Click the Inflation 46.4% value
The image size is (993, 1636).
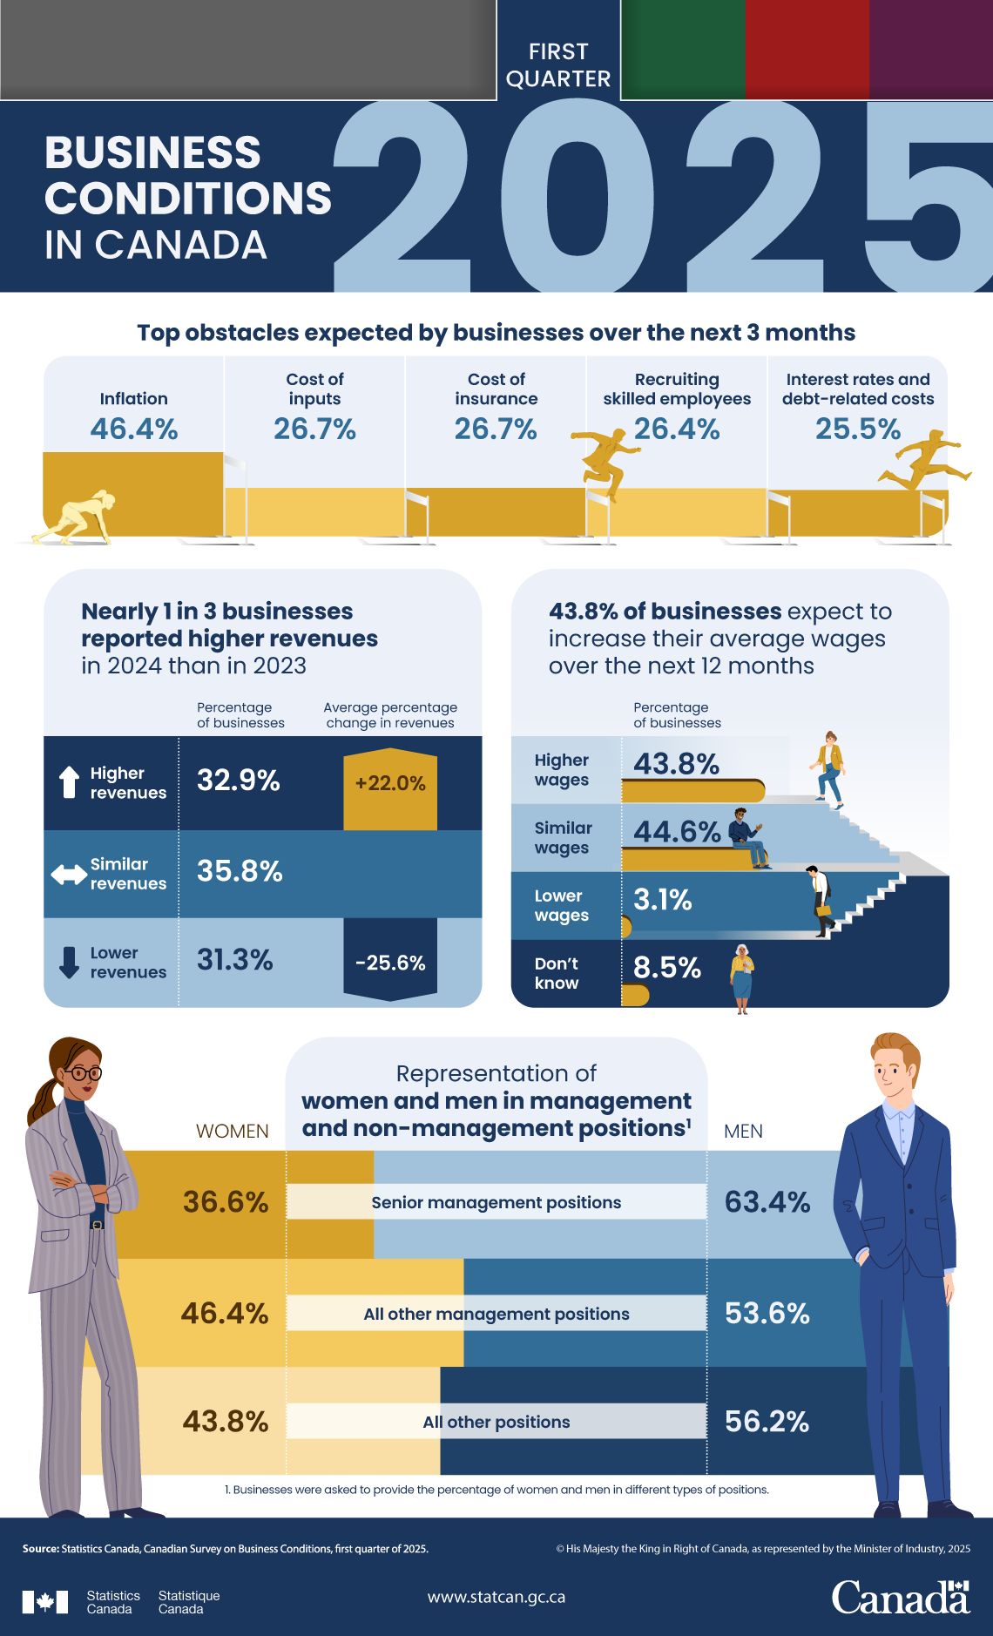(x=134, y=429)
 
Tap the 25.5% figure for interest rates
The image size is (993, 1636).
(x=857, y=429)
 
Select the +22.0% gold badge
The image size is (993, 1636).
(x=390, y=783)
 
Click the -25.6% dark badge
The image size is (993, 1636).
(x=390, y=963)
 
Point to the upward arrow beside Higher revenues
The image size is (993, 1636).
(x=69, y=782)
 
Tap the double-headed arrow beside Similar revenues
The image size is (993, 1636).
(x=69, y=874)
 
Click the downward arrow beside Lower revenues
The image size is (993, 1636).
(x=69, y=963)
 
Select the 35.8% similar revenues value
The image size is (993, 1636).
(x=240, y=871)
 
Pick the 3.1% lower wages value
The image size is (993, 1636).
(x=662, y=899)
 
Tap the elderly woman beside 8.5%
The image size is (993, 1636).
(x=741, y=978)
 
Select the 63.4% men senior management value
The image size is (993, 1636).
(x=767, y=1202)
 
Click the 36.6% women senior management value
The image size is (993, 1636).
(x=225, y=1202)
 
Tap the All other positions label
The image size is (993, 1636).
(x=496, y=1422)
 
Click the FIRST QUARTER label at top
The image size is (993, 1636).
(x=558, y=65)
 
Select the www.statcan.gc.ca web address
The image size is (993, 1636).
(x=496, y=1597)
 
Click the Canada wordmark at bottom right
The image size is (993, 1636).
(x=900, y=1598)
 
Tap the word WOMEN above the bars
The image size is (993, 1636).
(x=232, y=1131)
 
